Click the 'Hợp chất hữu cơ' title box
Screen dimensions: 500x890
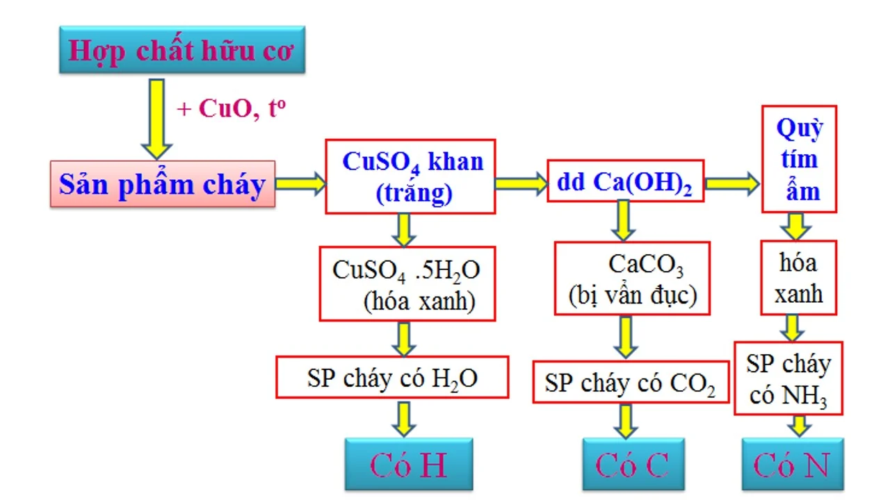pos(181,50)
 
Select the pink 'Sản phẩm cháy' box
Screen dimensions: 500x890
pos(163,184)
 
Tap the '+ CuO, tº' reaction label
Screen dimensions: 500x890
pos(232,109)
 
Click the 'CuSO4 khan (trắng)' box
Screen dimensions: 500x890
pos(411,176)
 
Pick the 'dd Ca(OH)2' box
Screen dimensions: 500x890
pos(625,181)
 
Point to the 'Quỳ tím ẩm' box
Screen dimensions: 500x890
pos(799,159)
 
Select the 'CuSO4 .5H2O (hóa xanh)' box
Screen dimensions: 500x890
pos(407,283)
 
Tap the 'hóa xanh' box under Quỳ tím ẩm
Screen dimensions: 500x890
pos(798,278)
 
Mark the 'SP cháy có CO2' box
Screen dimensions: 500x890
pos(631,382)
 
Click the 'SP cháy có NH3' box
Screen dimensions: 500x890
pos(788,378)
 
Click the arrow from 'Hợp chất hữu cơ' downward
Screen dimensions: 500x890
pos(156,118)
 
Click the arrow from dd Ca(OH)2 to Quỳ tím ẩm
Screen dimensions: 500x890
pos(732,183)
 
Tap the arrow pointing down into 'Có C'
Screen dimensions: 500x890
pos(627,421)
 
